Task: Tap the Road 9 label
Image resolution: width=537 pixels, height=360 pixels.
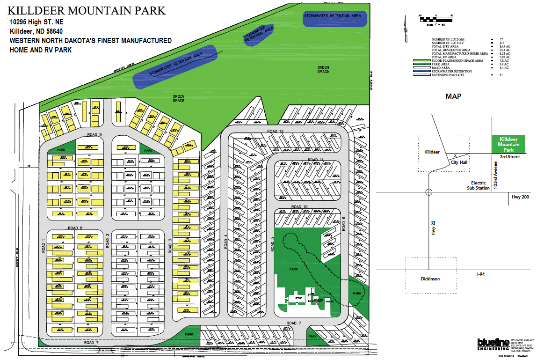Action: tap(94, 135)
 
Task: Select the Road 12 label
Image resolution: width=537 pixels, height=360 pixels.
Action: tap(276, 131)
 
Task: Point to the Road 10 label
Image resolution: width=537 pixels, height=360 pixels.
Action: tap(299, 206)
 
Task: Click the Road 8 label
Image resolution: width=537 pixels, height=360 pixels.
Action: tap(75, 228)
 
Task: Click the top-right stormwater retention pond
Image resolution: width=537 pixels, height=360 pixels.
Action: tap(334, 18)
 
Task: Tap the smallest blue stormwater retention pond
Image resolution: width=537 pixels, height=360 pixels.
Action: tap(258, 35)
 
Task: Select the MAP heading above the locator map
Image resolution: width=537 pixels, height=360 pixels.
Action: tap(453, 96)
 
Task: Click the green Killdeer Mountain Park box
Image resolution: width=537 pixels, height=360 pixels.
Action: tap(509, 145)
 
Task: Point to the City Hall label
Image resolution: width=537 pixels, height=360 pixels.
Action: tap(459, 162)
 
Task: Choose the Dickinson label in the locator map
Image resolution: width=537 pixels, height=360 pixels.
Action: tap(429, 279)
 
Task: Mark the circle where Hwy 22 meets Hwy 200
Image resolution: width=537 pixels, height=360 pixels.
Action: tap(428, 192)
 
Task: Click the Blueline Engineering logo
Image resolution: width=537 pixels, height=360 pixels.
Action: tap(493, 345)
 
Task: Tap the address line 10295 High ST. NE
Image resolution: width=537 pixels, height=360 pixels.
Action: tap(37, 22)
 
